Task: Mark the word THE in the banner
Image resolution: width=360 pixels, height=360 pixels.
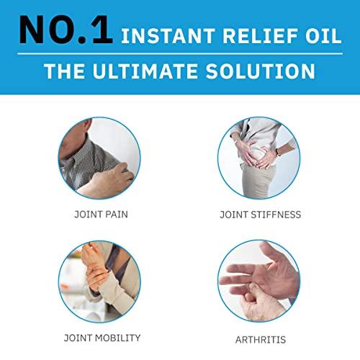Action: click(x=64, y=71)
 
